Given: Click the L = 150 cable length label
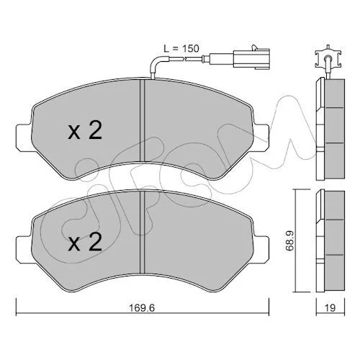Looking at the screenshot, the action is pyautogui.click(x=181, y=49).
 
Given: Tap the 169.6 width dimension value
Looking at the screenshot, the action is pyautogui.click(x=142, y=308).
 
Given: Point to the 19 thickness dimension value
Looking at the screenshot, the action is pyautogui.click(x=330, y=308).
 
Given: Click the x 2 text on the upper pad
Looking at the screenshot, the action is pyautogui.click(x=85, y=130).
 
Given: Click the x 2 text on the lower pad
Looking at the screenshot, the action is pyautogui.click(x=85, y=243).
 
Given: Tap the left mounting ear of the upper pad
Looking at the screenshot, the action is pyautogui.click(x=24, y=138).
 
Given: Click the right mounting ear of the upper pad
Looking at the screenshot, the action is pyautogui.click(x=261, y=138).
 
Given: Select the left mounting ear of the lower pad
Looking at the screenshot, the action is pyautogui.click(x=24, y=250).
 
